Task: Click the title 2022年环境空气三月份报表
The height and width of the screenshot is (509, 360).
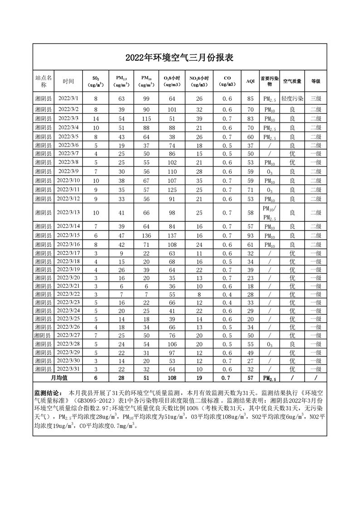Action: (179, 58)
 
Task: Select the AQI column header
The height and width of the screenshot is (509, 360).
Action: (250, 81)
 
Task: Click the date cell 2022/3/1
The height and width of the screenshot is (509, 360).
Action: (69, 98)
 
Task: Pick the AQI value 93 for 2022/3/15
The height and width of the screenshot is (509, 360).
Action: (250, 235)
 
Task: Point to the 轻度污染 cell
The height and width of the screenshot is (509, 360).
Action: (292, 98)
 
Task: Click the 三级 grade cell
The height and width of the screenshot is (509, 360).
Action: (316, 98)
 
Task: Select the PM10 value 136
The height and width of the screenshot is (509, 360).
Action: (146, 235)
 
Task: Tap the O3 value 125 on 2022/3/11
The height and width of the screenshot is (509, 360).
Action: (172, 190)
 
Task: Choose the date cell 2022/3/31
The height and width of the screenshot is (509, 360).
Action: (69, 369)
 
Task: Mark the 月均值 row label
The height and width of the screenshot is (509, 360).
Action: (58, 378)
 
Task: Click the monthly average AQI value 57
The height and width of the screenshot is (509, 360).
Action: (250, 378)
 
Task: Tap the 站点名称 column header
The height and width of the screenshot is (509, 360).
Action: (44, 81)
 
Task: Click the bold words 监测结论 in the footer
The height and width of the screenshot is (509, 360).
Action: (46, 392)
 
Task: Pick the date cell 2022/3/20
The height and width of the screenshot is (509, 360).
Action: (69, 278)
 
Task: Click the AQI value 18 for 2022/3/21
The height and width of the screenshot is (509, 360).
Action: (250, 286)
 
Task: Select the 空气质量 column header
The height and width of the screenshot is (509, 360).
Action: (292, 81)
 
